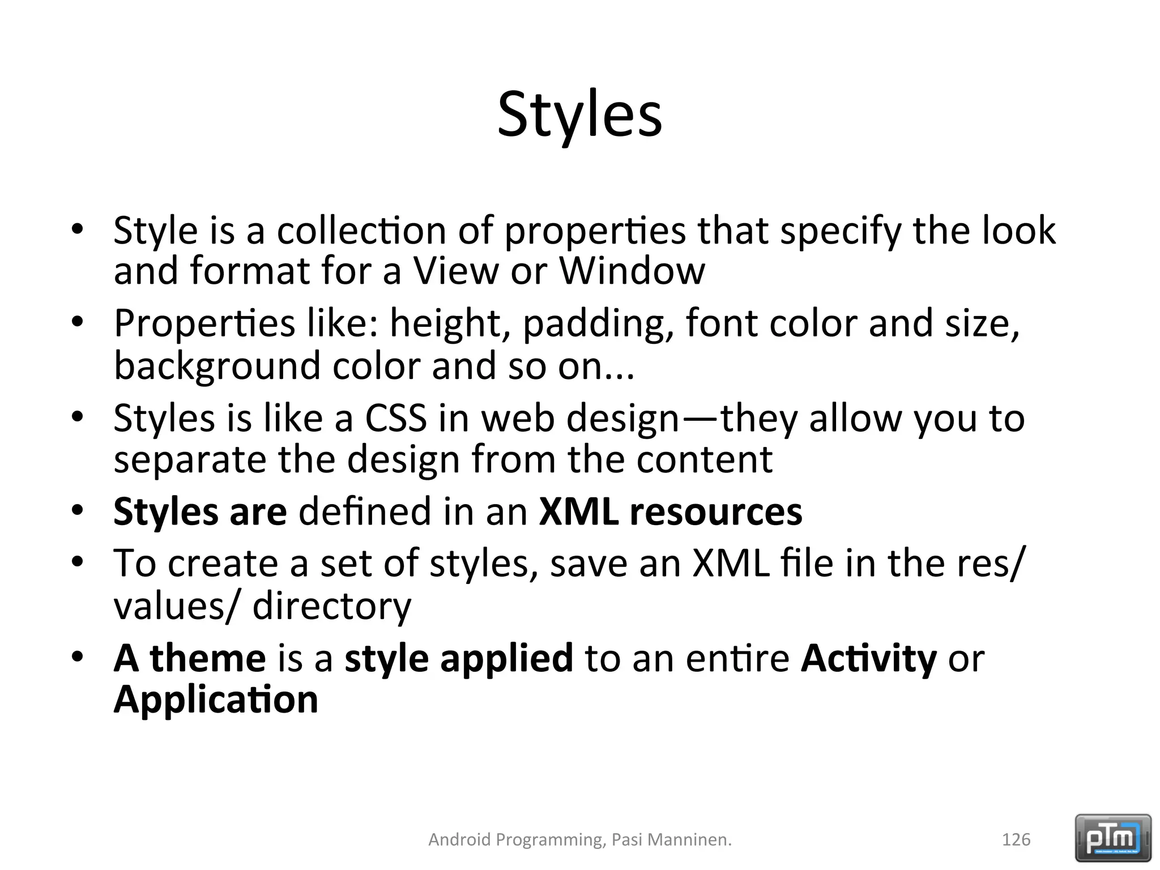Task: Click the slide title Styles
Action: click(x=579, y=116)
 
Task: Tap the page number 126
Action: click(x=1016, y=839)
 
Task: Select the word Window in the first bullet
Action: click(x=632, y=271)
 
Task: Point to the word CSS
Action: click(x=395, y=418)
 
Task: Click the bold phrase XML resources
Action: click(x=670, y=511)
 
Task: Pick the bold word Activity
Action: click(x=868, y=658)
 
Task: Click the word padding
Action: click(x=598, y=324)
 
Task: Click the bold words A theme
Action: click(x=189, y=658)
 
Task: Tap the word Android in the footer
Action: click(x=459, y=839)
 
